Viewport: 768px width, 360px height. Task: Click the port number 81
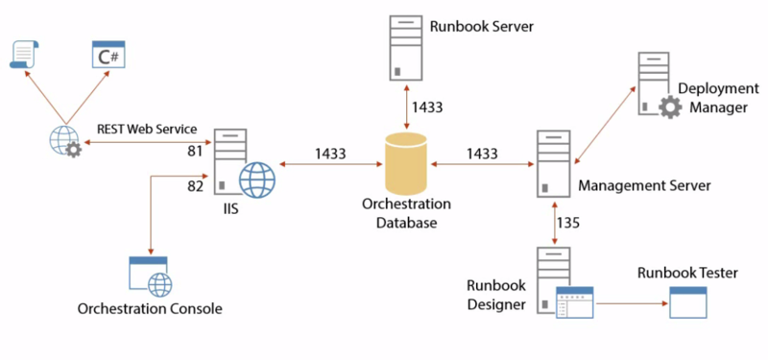pos(197,150)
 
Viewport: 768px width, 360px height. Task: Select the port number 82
pos(197,185)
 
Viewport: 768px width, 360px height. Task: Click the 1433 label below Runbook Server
pos(426,107)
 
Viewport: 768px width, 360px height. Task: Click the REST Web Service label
pos(146,129)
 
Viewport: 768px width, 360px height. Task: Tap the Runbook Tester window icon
pos(688,302)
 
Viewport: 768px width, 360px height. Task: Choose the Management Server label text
pos(644,185)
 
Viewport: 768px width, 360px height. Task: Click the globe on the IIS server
pos(257,179)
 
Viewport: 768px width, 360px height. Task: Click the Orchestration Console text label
pos(150,309)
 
